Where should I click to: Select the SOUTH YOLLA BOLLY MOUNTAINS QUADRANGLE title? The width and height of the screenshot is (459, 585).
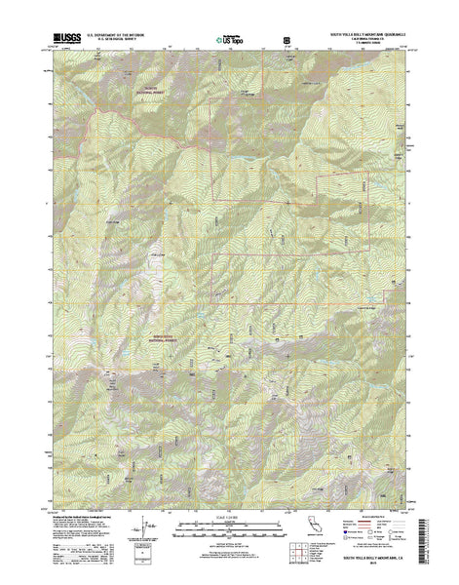[363, 33]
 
